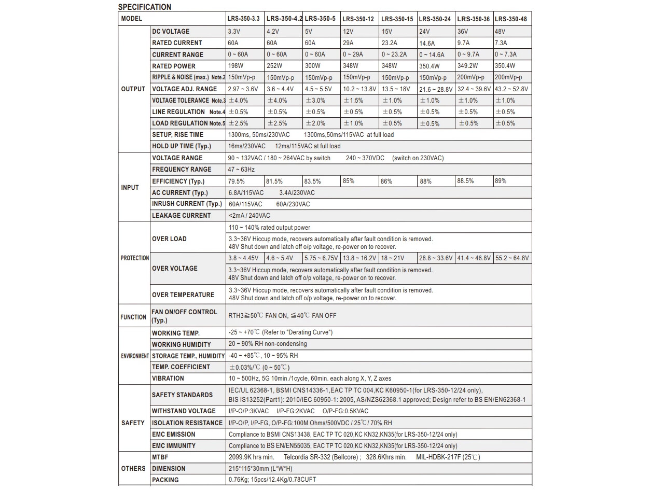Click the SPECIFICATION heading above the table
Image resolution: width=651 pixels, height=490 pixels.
[x=144, y=7]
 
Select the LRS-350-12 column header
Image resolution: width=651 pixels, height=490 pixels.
[x=358, y=19]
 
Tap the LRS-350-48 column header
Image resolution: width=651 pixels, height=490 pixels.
[x=510, y=19]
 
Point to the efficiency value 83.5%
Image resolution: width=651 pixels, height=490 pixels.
[x=312, y=181]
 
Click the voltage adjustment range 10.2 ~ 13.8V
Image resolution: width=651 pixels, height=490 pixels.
[x=359, y=89]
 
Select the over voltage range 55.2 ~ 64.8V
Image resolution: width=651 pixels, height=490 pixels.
[x=512, y=258]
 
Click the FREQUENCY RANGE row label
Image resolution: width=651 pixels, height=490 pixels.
[x=182, y=170]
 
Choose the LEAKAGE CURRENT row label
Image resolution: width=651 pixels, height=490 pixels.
[x=181, y=216]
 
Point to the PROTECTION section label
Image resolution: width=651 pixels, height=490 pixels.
[x=135, y=258]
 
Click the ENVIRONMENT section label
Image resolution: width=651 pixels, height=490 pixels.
[x=135, y=356]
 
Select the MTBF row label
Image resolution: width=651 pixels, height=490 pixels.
[x=160, y=457]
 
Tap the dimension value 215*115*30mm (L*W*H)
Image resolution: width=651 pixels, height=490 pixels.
[x=260, y=469]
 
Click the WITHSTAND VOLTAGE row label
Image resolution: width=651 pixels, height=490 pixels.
[x=184, y=411]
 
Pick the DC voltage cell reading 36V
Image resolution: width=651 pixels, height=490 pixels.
[x=463, y=32]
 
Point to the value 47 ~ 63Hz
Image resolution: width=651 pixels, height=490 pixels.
[x=241, y=170]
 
